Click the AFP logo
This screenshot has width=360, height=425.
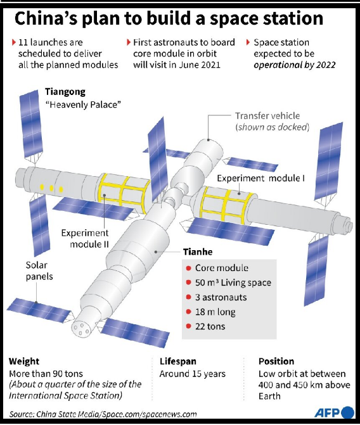click(x=335, y=412)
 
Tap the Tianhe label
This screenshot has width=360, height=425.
click(x=198, y=252)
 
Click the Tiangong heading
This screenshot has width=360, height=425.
click(x=65, y=92)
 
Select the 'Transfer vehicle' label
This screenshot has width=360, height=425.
click(x=267, y=116)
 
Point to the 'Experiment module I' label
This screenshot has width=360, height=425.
click(x=260, y=178)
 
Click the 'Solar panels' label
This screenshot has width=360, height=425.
click(x=39, y=270)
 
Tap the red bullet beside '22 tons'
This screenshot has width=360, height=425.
click(x=189, y=326)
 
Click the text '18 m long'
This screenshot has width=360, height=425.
click(x=215, y=312)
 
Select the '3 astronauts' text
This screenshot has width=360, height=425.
click(x=221, y=297)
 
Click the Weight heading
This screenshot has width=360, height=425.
click(x=24, y=361)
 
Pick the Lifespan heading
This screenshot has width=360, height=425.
click(x=178, y=361)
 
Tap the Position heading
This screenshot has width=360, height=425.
click(x=276, y=361)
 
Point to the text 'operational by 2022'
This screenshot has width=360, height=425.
click(x=295, y=65)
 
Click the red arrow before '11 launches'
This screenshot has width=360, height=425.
click(x=13, y=42)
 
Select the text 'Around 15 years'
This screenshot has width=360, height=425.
click(x=192, y=374)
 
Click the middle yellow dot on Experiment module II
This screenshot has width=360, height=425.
click(x=51, y=188)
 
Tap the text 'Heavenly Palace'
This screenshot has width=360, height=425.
click(x=83, y=105)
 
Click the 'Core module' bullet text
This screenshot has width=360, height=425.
click(x=222, y=268)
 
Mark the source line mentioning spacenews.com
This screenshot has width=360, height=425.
click(x=103, y=414)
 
